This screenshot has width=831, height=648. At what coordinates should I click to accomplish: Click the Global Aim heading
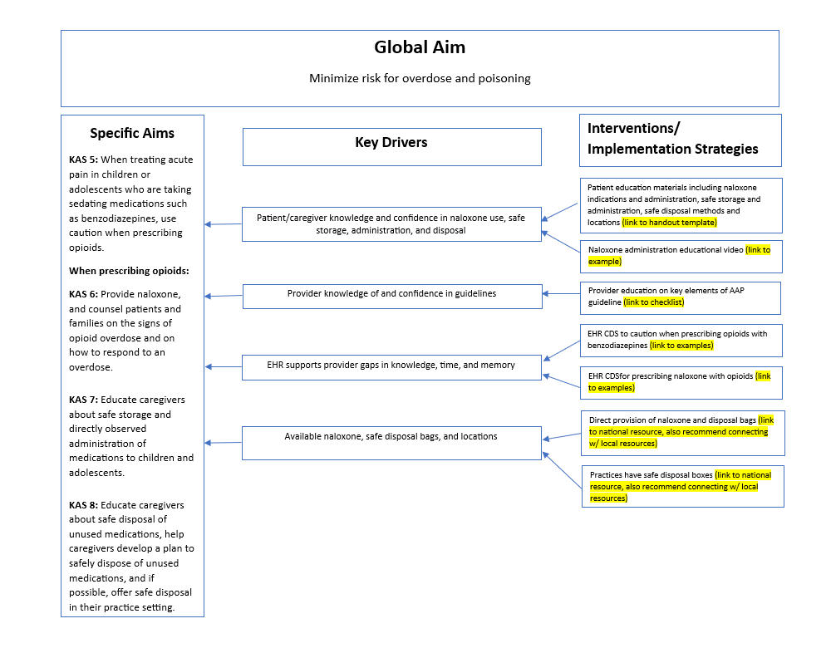coord(420,47)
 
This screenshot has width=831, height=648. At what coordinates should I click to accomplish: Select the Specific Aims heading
coord(132,133)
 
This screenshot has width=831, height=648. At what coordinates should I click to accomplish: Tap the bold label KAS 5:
coord(83,160)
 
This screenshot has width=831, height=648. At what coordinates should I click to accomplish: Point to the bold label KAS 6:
coord(83,294)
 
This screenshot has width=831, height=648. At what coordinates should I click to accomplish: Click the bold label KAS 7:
coord(83,400)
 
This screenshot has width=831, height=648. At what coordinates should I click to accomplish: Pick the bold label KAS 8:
coord(83,505)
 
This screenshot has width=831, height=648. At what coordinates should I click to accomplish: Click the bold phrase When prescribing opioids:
coord(129,271)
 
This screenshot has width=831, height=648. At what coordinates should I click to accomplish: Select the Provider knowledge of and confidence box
coord(391,294)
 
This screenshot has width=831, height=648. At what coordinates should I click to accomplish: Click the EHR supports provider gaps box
coord(391,366)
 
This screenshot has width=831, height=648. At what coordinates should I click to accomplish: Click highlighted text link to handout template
coord(670,223)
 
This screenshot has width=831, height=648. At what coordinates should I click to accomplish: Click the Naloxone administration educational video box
coord(681,255)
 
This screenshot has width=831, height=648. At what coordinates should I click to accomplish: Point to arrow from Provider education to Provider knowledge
coord(561,293)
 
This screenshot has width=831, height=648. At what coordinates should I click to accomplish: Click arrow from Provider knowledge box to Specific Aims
coord(223,296)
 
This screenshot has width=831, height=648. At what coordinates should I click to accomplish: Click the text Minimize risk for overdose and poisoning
coord(420,79)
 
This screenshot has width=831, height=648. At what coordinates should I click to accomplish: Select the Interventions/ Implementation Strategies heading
coord(672,139)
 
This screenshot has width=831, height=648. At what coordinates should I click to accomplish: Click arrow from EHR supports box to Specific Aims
coord(223,366)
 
